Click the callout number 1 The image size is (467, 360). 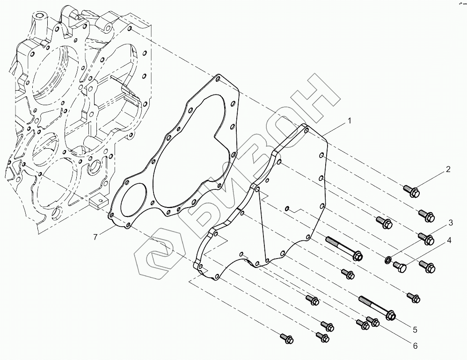click(x=349, y=121)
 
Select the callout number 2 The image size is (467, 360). click(x=448, y=170)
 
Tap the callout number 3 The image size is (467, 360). click(x=451, y=222)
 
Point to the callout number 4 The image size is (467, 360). click(x=449, y=241)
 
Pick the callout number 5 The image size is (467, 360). click(x=414, y=329)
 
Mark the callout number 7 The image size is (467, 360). click(x=95, y=237)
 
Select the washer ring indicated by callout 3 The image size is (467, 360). click(x=388, y=259)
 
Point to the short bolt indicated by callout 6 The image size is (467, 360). click(x=373, y=322)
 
